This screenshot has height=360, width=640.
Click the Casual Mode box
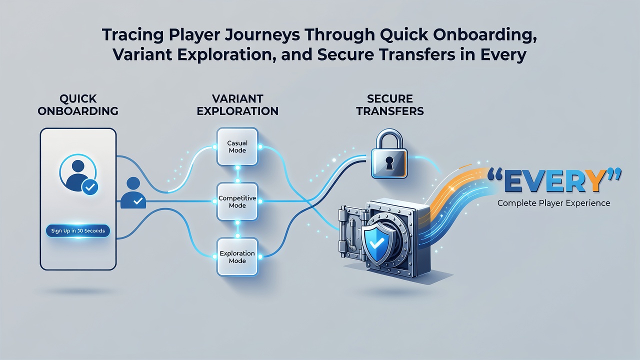coord(237,146)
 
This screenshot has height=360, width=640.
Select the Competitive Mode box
coord(237,201)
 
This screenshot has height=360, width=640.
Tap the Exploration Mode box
coord(237,257)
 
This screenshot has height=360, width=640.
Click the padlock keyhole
coord(389,163)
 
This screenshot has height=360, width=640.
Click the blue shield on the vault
coord(377,243)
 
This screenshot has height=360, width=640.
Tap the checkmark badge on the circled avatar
coord(90,187)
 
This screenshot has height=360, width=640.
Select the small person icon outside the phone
coord(133,192)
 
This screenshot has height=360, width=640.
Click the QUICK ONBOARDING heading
coord(78,105)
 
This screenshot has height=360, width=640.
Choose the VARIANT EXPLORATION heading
coord(237,105)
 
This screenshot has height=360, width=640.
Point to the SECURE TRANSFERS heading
coord(390,105)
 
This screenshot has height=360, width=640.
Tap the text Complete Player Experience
coord(553,203)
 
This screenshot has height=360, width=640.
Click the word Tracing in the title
coord(132,35)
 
